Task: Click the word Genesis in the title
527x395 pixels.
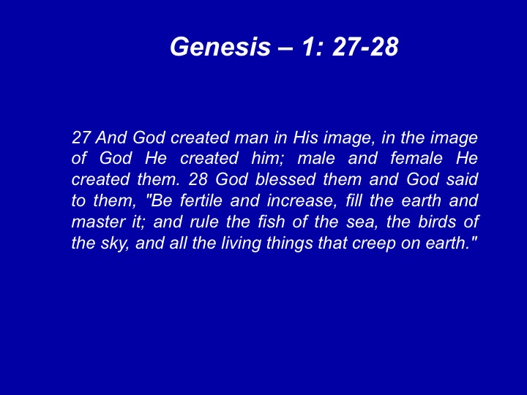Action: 220,46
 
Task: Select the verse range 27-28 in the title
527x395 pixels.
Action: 365,46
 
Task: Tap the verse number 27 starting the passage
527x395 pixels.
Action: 81,138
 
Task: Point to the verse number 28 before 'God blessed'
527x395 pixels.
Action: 198,179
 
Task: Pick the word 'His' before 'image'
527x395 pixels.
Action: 305,138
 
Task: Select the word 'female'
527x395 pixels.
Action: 416,158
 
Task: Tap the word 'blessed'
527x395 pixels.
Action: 285,179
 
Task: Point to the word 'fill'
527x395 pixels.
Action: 354,200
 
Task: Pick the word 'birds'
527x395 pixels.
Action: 437,222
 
